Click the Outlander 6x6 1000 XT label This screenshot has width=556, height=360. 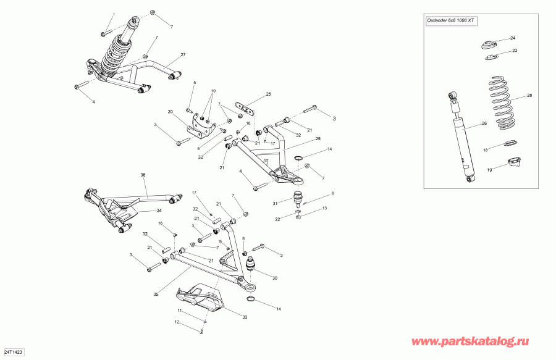[x=451, y=20]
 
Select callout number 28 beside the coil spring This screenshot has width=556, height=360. [x=529, y=96]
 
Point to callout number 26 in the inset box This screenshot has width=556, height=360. [x=484, y=123]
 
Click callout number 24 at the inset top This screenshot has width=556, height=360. [x=512, y=38]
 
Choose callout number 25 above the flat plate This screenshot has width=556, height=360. [x=269, y=94]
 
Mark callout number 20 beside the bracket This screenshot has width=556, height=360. [x=170, y=112]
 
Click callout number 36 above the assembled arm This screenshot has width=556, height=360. [x=143, y=175]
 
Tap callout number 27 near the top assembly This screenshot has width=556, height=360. [x=183, y=55]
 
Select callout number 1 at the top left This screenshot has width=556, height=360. [x=113, y=14]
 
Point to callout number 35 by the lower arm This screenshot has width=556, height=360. [x=156, y=295]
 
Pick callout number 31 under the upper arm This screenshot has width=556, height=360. [x=275, y=204]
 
